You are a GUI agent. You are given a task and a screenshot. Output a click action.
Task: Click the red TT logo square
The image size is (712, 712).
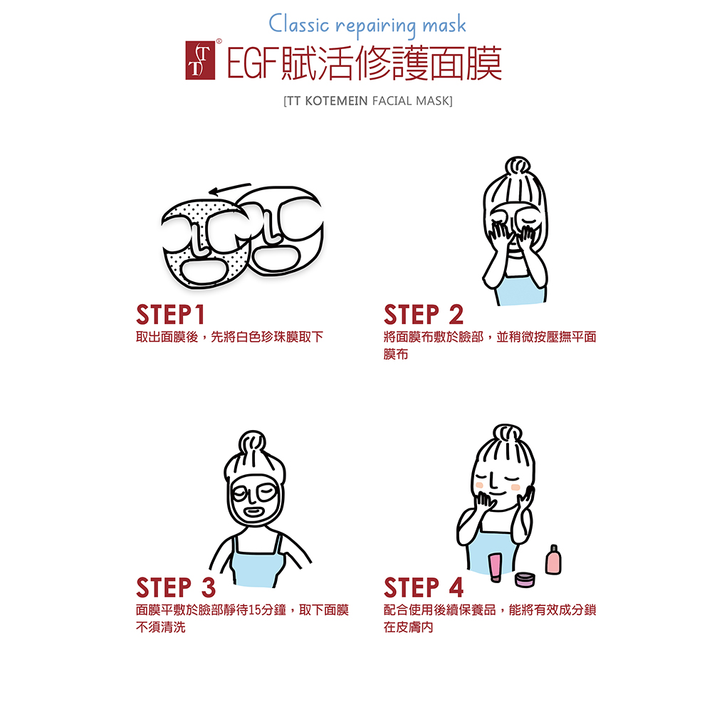tap(200, 61)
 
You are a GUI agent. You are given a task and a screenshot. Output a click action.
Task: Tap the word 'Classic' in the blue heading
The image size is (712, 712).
tap(298, 23)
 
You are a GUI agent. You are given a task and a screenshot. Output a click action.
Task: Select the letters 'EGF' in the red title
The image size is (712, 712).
tap(251, 63)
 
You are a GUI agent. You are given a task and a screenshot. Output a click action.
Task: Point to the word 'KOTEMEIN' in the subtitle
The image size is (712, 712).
tap(336, 101)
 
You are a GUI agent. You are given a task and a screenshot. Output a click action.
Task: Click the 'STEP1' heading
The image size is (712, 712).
tap(171, 315)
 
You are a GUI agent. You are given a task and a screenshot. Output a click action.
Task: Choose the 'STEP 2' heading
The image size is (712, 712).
tap(423, 315)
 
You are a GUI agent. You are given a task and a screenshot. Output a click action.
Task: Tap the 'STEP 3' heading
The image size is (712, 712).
tap(176, 587)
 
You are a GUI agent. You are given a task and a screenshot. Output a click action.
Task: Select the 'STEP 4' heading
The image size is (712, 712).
tap(423, 587)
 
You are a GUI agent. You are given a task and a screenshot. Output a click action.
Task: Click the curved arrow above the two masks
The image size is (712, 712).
tap(229, 189)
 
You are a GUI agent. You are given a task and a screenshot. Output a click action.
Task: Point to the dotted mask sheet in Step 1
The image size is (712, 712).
tap(204, 245)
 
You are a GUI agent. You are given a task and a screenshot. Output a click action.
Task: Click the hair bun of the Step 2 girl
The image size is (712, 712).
tap(517, 166)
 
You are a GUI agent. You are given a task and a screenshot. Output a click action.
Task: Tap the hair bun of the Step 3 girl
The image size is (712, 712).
tap(253, 444)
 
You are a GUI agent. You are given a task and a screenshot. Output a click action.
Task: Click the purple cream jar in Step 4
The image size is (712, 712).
tap(525, 580)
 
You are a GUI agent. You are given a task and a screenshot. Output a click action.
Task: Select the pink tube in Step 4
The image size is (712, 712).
tap(495, 567)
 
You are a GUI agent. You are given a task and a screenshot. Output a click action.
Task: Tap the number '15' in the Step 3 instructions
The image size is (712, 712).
tap(255, 610)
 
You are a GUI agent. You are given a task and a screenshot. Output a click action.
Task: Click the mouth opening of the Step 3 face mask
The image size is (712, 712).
tap(253, 512)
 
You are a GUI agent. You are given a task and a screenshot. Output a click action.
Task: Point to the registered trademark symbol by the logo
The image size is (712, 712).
tap(219, 41)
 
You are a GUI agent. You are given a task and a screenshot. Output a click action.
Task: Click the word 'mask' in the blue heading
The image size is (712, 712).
tap(444, 25)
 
